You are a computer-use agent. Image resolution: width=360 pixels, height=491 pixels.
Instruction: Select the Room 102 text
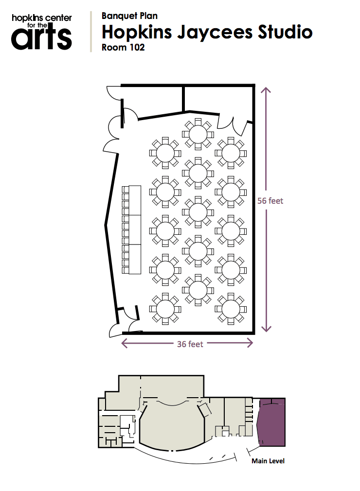[123, 47]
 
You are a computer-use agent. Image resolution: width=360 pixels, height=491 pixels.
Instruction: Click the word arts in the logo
[41, 38]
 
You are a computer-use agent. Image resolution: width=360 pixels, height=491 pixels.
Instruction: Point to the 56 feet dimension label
[270, 201]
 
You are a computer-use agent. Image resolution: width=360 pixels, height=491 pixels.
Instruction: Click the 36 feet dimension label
[190, 344]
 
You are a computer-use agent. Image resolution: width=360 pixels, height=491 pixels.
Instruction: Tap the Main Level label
[268, 461]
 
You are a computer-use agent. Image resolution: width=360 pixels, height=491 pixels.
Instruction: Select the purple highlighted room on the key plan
[271, 422]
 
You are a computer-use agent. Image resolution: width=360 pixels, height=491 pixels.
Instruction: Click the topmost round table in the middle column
[198, 134]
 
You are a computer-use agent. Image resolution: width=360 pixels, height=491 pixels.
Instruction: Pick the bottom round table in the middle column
[198, 290]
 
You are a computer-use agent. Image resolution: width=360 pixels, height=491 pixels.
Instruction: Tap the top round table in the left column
[165, 153]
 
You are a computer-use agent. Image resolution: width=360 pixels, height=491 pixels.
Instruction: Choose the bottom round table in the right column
[231, 309]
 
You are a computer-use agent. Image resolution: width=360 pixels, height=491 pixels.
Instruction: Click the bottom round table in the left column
[165, 309]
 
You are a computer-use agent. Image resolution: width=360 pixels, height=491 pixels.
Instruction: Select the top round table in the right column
[231, 153]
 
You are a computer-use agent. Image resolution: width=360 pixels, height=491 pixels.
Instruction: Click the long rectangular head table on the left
[135, 230]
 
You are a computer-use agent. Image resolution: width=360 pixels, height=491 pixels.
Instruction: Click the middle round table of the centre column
[198, 212]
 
